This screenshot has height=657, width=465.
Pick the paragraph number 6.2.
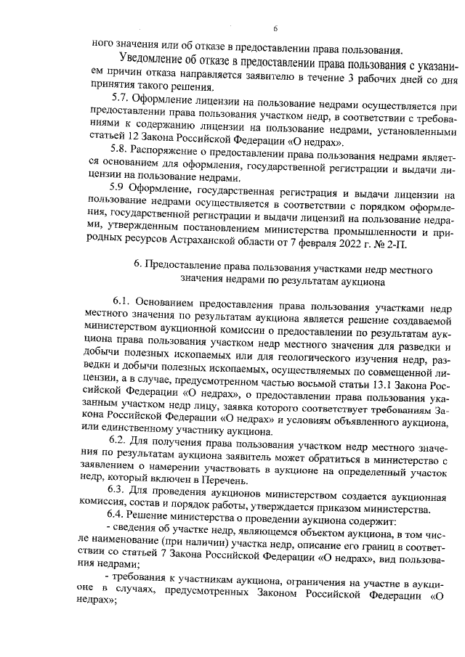(x=118, y=441)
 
